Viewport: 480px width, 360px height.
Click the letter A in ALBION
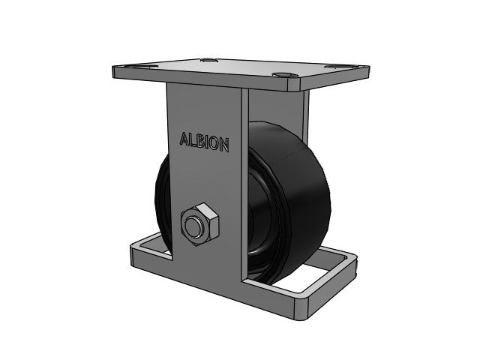184,139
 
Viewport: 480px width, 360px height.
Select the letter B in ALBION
200,142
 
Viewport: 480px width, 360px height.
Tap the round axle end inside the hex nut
193,226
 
